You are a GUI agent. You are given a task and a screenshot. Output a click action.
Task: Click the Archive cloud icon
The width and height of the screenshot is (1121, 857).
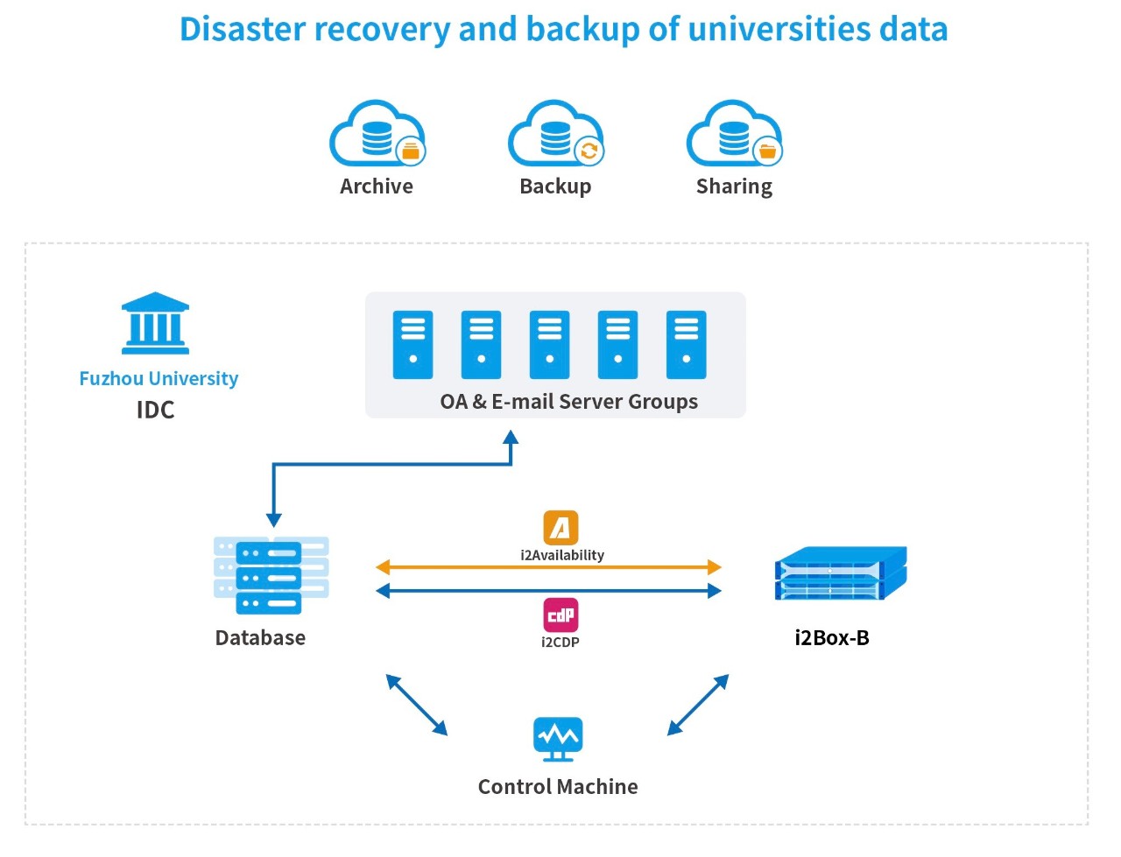pos(377,134)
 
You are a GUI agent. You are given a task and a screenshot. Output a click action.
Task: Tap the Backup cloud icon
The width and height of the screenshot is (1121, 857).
pos(555,134)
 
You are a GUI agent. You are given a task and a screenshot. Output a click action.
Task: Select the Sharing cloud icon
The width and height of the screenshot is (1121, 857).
pos(734,134)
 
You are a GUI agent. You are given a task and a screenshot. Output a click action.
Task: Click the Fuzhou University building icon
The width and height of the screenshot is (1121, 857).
pos(155,323)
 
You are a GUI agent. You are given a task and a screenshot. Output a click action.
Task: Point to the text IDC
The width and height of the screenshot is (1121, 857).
pos(155,410)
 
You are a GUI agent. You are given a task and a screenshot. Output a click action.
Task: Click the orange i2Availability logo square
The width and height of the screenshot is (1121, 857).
pos(560,528)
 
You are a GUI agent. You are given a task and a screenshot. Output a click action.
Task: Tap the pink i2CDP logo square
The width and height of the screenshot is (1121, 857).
pos(560,615)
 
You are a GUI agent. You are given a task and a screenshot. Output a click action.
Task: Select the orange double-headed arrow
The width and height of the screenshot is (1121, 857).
pos(548,567)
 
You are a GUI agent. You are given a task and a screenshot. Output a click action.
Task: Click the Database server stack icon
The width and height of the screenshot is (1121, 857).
pos(271,575)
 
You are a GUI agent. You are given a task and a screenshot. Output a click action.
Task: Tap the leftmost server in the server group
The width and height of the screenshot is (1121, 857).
pos(412,345)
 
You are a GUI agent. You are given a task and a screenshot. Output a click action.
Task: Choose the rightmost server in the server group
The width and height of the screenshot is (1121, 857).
pos(686,345)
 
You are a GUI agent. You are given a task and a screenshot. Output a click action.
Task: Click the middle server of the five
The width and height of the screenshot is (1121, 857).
pos(549,345)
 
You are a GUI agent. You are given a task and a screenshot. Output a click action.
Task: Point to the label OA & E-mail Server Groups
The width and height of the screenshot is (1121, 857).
pos(568,402)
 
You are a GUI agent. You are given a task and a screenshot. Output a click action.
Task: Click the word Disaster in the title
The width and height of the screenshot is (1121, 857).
pos(243,29)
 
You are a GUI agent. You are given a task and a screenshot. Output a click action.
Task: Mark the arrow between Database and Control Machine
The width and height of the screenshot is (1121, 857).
pos(417,705)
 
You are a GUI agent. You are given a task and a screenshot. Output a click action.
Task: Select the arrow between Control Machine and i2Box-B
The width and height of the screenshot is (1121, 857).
pos(698,705)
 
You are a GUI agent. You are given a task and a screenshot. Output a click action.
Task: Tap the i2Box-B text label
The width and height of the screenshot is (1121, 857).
pos(831,638)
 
